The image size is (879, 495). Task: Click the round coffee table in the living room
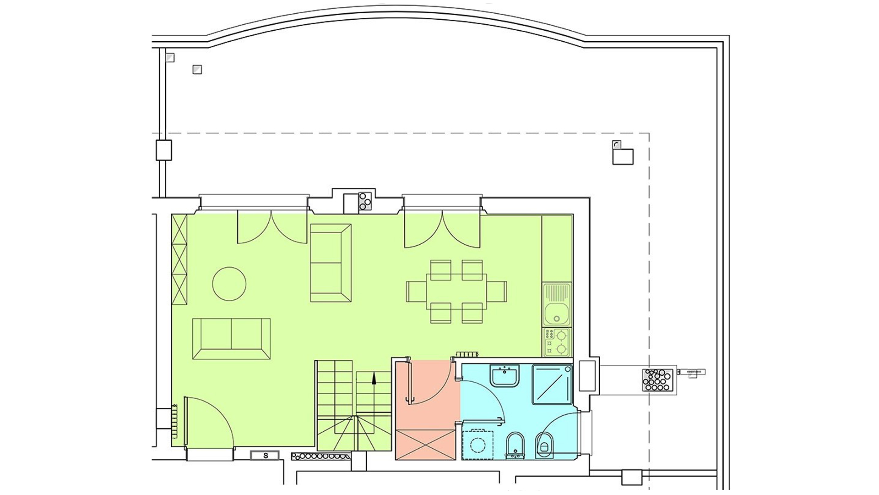[229, 284]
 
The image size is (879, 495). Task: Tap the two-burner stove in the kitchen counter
[557, 342]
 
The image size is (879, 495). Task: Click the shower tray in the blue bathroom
[553, 384]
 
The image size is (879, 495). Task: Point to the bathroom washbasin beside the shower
[504, 376]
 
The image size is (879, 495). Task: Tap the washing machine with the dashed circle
[478, 445]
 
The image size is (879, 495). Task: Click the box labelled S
[265, 456]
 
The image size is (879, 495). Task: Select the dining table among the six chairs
[456, 291]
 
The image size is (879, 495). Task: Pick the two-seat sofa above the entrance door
[231, 339]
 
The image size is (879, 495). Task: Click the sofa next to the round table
[331, 263]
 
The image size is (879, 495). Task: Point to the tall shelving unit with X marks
[179, 259]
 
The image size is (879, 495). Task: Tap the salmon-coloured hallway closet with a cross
[425, 445]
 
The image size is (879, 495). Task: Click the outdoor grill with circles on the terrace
[657, 380]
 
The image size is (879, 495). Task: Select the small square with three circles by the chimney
[365, 201]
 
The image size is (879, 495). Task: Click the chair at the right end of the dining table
[497, 291]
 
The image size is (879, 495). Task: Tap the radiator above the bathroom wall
[467, 354]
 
